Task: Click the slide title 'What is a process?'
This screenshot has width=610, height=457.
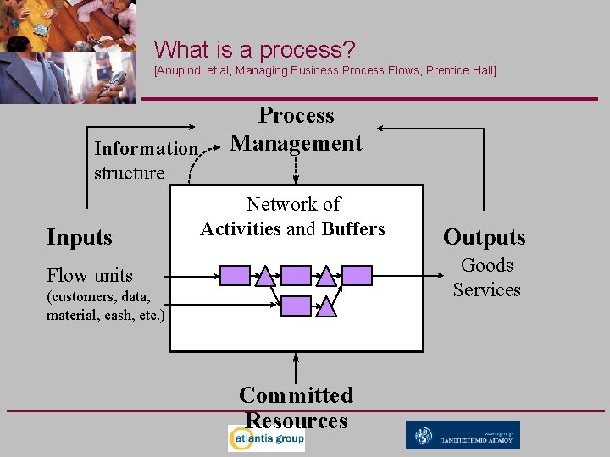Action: pos(254,50)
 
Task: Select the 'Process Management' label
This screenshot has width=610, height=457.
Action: pos(296,129)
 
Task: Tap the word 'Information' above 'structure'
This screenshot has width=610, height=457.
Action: pos(146,149)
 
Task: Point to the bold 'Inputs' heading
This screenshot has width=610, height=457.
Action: pos(79,238)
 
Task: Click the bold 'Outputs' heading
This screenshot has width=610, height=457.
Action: pos(485,238)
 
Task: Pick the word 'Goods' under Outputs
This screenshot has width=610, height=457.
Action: pos(487,266)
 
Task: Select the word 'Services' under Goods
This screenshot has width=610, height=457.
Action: pos(486,289)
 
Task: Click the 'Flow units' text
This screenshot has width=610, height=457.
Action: pos(90,276)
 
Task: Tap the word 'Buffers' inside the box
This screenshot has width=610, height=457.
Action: pos(353,229)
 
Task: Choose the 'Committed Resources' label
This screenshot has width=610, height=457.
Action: pos(296,407)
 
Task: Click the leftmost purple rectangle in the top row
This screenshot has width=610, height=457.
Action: pos(235,275)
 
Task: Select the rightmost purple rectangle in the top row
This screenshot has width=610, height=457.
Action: pos(357,275)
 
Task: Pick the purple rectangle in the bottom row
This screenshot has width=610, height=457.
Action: pos(296,306)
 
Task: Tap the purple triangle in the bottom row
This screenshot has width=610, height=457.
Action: pos(327,306)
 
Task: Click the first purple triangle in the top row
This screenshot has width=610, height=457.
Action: pos(265,275)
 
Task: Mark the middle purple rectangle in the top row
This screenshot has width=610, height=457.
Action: pos(296,275)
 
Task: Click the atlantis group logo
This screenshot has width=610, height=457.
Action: pos(266,438)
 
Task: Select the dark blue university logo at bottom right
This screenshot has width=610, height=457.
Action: pos(463,435)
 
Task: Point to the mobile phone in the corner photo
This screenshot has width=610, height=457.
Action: pos(114,81)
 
